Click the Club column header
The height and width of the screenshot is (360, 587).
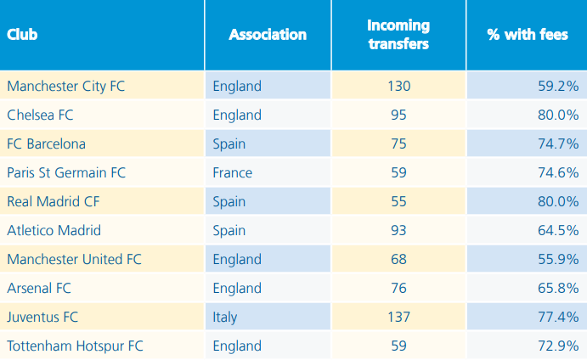point(22,35)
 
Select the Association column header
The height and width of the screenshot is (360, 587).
point(268,35)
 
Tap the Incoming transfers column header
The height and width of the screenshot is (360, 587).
point(398,35)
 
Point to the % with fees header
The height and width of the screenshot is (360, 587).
point(527,35)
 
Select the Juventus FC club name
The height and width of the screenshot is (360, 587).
point(42,317)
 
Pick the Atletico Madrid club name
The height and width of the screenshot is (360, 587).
point(54,230)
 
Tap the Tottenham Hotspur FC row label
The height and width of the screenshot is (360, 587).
point(75,346)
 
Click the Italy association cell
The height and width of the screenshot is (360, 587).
point(225,317)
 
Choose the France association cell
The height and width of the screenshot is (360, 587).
point(232,172)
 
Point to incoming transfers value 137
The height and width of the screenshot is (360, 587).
point(398,317)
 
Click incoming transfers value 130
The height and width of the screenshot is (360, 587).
point(398,86)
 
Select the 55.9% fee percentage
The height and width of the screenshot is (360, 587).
point(556,259)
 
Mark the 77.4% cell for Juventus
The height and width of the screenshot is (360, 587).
point(556,317)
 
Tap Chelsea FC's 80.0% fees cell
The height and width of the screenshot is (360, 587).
point(556,115)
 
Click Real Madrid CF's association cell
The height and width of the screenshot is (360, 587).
point(229,201)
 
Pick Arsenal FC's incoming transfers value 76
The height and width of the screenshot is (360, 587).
point(398,288)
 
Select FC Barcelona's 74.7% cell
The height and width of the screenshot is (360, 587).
point(556,143)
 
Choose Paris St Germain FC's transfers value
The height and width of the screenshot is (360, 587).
point(398,172)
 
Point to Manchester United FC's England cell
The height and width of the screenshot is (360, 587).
point(237,259)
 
